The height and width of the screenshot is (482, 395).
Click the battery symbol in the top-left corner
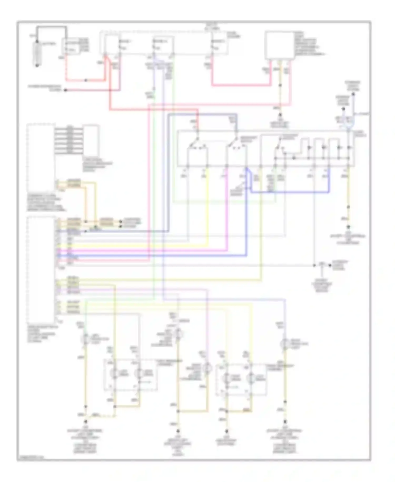pyautogui.click(x=37, y=54)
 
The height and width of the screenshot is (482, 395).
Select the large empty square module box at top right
pyautogui.click(x=279, y=45)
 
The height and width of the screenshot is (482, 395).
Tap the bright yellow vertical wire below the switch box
pyautogui.click(x=208, y=206)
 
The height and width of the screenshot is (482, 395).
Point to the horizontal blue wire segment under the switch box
pyautogui.click(x=290, y=192)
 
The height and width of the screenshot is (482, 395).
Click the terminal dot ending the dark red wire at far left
pyautogui.click(x=66, y=90)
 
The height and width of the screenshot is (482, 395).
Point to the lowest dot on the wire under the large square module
pyautogui.click(x=280, y=115)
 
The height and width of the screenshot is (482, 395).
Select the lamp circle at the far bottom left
pyautogui.click(x=85, y=339)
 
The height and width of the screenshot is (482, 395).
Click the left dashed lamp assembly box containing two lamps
pyautogui.click(x=131, y=374)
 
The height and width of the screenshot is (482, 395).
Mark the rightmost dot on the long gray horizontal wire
pyautogui.click(x=329, y=265)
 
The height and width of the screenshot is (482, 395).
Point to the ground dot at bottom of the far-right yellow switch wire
pyautogui.click(x=348, y=227)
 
